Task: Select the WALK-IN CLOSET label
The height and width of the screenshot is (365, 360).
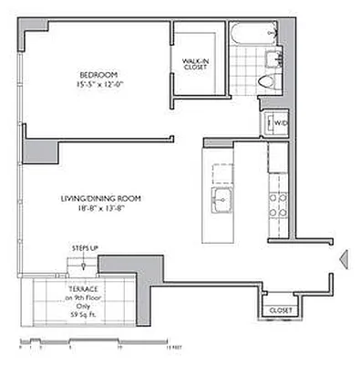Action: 197,63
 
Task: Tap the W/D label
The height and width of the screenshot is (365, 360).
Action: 281,121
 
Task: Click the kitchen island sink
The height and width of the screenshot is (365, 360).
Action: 220,198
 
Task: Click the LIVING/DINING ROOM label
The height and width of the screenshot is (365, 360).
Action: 100,198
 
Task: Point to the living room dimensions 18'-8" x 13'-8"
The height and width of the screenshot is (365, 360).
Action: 100,208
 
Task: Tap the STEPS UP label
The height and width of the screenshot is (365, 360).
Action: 85,247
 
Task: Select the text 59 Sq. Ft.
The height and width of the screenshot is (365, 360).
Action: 83,315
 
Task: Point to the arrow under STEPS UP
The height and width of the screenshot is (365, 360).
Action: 84,263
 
